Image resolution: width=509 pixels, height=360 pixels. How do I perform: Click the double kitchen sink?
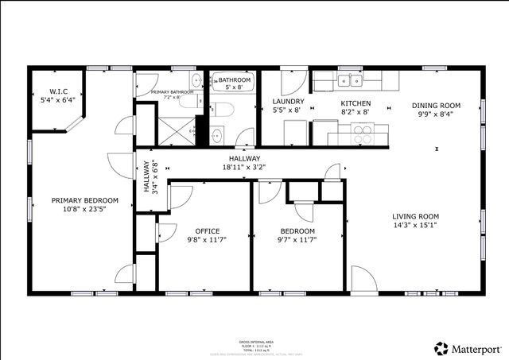[348, 81]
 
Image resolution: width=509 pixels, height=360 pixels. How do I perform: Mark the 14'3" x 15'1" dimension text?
[415, 225]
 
